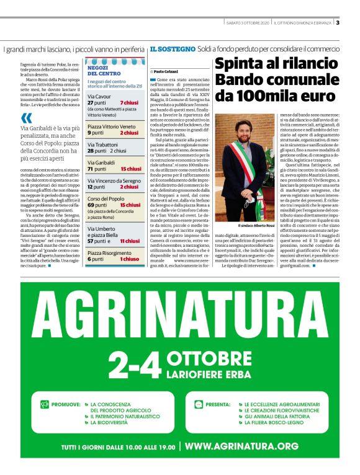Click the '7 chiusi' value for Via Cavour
point(129,102)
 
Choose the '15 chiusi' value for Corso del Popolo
point(130,205)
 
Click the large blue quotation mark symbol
point(26,119)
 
